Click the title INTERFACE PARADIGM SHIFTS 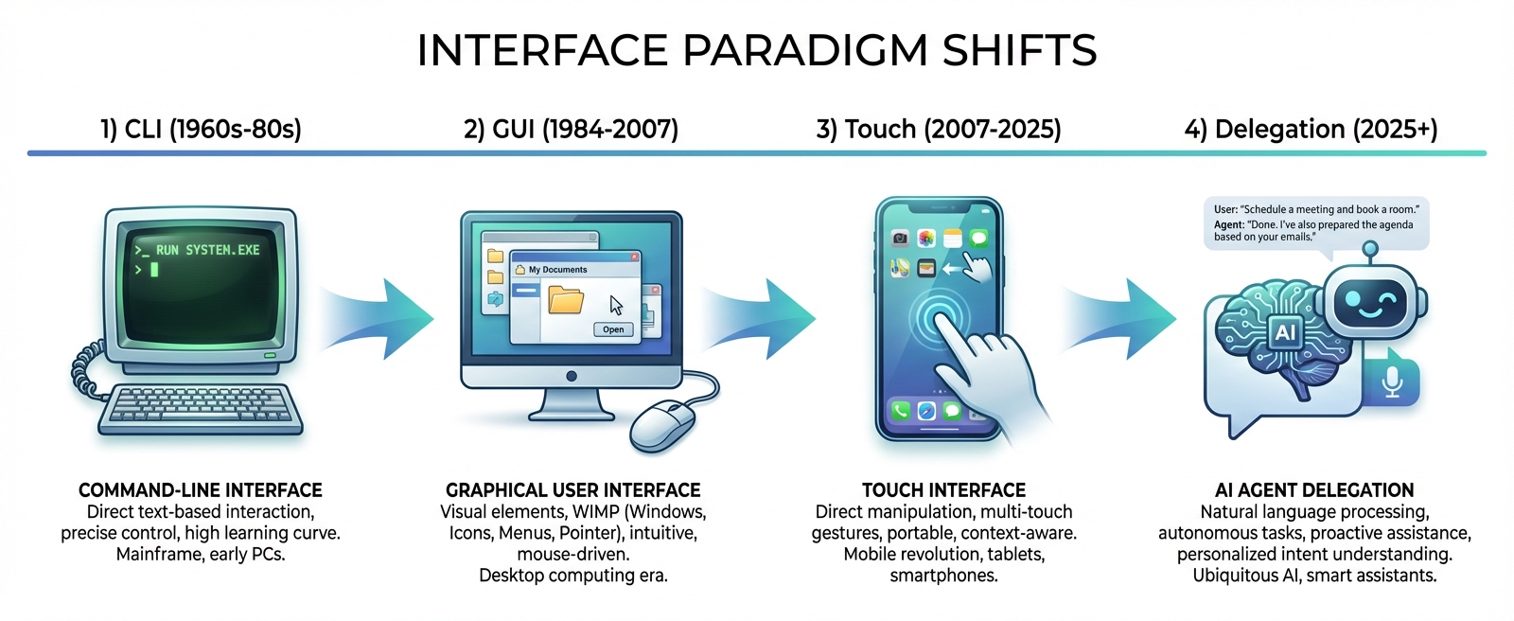click(x=756, y=50)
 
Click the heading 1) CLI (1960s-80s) click(x=201, y=129)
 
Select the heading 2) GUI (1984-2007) click(x=571, y=129)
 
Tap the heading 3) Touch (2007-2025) click(x=939, y=129)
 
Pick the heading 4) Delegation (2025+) click(x=1311, y=129)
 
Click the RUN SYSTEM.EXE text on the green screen click(x=207, y=250)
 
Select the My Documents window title click(x=557, y=270)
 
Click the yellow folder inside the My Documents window click(x=566, y=301)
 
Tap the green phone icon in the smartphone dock click(x=900, y=411)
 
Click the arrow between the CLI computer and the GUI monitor click(x=383, y=318)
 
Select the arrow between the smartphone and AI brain click(x=1126, y=318)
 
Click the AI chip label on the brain click(x=1285, y=332)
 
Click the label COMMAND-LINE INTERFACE click(x=201, y=489)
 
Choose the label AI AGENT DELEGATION click(x=1314, y=489)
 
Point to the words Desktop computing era click(x=572, y=576)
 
